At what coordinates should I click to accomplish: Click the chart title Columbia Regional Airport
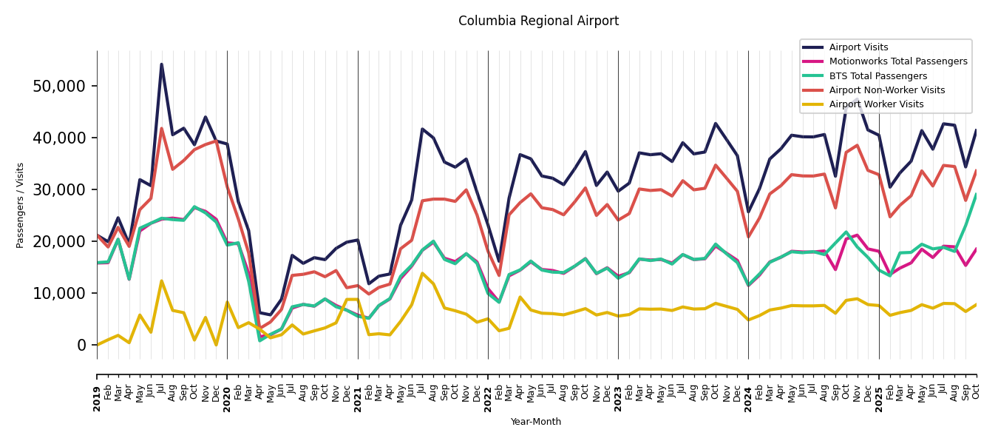(x=538, y=21)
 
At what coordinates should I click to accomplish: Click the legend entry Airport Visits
(x=858, y=47)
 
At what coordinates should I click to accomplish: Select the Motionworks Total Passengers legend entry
(x=897, y=61)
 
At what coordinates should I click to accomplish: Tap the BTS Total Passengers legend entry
(x=878, y=76)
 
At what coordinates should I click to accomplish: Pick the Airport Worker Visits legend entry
(x=876, y=104)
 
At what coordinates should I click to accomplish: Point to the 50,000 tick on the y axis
(x=59, y=86)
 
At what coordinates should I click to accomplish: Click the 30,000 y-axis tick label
(x=59, y=189)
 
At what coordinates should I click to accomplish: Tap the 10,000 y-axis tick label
(x=59, y=293)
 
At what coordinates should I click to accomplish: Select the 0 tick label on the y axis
(x=81, y=345)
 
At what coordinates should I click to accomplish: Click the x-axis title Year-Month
(x=536, y=422)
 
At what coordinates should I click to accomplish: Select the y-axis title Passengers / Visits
(x=21, y=205)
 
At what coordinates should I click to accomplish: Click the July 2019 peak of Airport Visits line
(x=162, y=64)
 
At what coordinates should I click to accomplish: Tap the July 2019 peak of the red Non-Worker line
(x=162, y=129)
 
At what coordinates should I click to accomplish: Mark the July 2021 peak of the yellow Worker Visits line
(x=422, y=273)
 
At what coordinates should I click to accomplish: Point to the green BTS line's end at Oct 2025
(x=976, y=195)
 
